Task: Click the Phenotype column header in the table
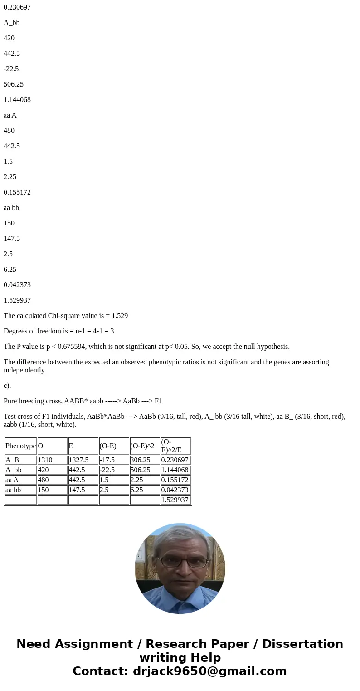pyautogui.click(x=20, y=446)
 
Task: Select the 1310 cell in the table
pyautogui.click(x=45, y=460)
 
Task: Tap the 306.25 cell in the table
pyautogui.click(x=140, y=460)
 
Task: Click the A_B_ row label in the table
pyautogui.click(x=14, y=460)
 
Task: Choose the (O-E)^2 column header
pyautogui.click(x=142, y=446)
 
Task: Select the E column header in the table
pyautogui.click(x=71, y=446)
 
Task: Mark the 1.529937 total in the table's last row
pyautogui.click(x=175, y=500)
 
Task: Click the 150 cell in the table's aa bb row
pyautogui.click(x=43, y=490)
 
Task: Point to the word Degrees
pyautogui.click(x=17, y=331)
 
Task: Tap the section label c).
pyautogui.click(x=7, y=386)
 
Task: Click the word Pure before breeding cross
pyautogui.click(x=11, y=401)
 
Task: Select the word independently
pyautogui.click(x=24, y=370)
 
